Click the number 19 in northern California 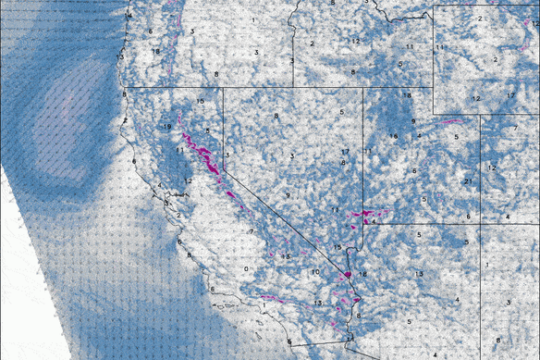pyautogui.click(x=166, y=127)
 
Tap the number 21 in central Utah pyautogui.click(x=469, y=180)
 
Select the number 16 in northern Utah pyautogui.click(x=393, y=137)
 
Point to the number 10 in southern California pyautogui.click(x=315, y=272)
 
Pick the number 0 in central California pyautogui.click(x=246, y=268)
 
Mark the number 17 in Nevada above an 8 pyautogui.click(x=344, y=152)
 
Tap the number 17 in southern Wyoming pyautogui.click(x=510, y=96)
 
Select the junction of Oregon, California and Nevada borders pyautogui.click(x=224, y=89)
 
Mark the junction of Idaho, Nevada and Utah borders pyautogui.click(x=362, y=89)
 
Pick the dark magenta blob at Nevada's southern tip pyautogui.click(x=349, y=274)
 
